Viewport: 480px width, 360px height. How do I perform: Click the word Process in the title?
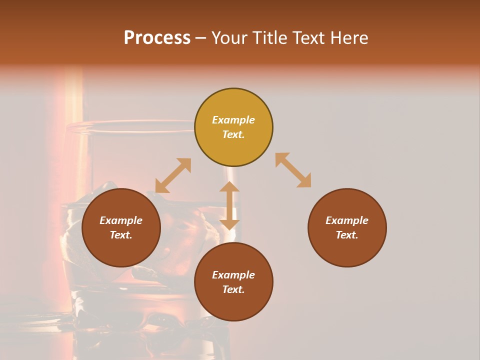point(157,37)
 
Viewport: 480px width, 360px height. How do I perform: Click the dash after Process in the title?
point(200,38)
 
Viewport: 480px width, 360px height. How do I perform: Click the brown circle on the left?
point(121,227)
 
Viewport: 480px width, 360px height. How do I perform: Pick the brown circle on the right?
point(347,227)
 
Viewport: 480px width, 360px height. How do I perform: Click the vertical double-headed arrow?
point(229,205)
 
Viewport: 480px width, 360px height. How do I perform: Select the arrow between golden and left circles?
point(173,175)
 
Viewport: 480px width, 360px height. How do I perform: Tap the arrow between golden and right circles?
point(293,170)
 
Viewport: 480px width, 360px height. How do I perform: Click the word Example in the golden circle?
point(233,120)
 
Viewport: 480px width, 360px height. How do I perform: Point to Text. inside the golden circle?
point(233,134)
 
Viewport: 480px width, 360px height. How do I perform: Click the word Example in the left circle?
point(121,220)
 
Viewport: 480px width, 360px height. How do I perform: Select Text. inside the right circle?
point(347,235)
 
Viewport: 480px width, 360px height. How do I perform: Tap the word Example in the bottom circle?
point(233,275)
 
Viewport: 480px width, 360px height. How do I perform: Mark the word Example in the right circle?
point(347,220)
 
